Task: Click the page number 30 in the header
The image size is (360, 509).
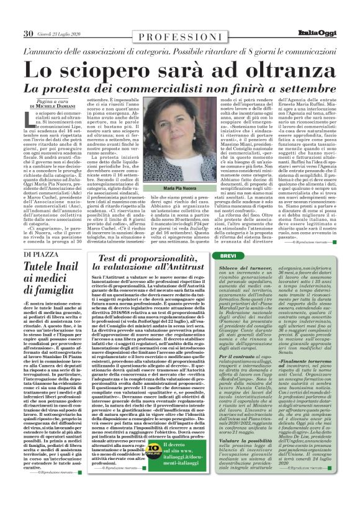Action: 28,34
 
